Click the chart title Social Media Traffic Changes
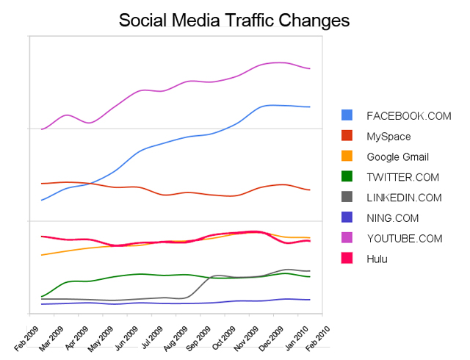tap(234, 20)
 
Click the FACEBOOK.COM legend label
tap(408, 115)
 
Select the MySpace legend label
tap(388, 136)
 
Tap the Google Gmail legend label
tap(397, 156)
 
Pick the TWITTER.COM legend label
tap(402, 177)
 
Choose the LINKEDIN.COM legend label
tap(404, 198)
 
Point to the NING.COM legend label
tap(392, 218)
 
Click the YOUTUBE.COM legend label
tap(405, 239)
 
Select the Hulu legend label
tap(377, 259)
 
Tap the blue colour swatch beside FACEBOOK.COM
tap(347, 115)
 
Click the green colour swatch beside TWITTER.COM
tap(347, 177)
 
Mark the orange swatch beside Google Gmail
tap(347, 156)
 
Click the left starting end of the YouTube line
tap(42, 129)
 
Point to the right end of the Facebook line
tap(310, 107)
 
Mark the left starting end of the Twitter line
tap(42, 297)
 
